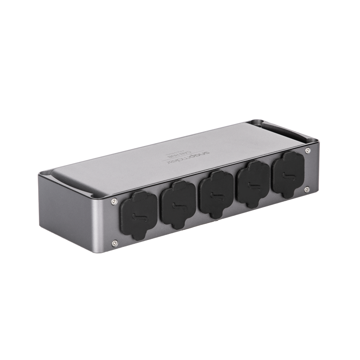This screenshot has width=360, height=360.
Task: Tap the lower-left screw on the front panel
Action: pyautogui.click(x=114, y=243)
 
